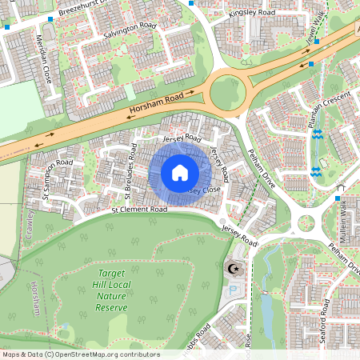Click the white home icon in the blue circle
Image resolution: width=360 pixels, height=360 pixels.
[180, 173]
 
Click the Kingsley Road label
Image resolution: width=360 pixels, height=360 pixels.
[251, 14]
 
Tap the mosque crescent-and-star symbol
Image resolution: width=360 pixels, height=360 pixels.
[234, 269]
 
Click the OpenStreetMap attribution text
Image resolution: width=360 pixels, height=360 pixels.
[80, 354]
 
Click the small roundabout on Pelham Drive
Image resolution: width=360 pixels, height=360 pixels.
[304, 222]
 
